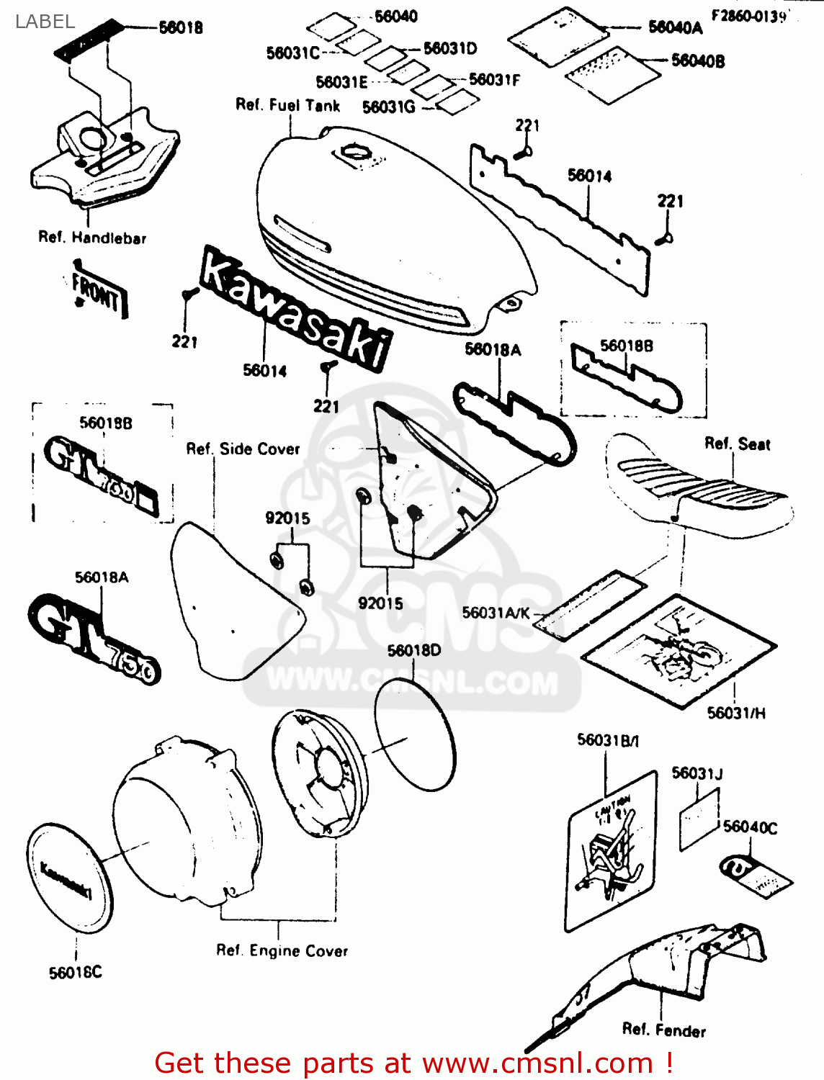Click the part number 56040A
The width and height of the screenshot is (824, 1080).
click(675, 27)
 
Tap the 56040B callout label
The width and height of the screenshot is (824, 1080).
click(697, 61)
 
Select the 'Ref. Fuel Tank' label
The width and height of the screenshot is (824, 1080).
click(287, 105)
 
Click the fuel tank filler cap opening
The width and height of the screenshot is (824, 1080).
click(354, 151)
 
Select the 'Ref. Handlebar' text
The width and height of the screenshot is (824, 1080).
click(92, 238)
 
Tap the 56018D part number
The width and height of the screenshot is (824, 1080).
click(413, 651)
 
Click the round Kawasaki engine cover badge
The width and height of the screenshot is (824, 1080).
click(69, 877)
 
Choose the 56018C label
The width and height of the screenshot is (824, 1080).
click(76, 973)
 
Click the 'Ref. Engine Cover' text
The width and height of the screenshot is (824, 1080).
click(282, 951)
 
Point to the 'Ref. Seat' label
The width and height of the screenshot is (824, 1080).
click(737, 444)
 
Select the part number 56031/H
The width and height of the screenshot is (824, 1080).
click(736, 713)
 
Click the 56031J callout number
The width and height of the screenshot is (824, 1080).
click(697, 773)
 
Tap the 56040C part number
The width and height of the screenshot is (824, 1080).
click(750, 827)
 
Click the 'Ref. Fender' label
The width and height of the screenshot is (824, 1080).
click(663, 1030)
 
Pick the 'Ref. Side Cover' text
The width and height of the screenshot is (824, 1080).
click(243, 449)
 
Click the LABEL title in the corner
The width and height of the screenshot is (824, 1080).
click(45, 22)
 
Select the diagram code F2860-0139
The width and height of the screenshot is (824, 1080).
click(748, 16)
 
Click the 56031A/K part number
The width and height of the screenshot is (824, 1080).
click(496, 613)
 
